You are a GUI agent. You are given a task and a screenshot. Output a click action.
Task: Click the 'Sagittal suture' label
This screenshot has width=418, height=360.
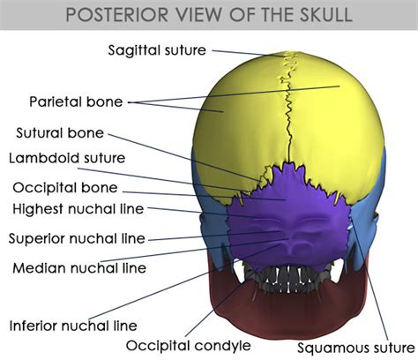pyautogui.click(x=157, y=50)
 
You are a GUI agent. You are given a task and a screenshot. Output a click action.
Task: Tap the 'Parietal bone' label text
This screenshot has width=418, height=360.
pyautogui.click(x=76, y=101)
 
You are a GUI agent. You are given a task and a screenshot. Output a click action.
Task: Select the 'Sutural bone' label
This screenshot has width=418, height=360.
pyautogui.click(x=60, y=133)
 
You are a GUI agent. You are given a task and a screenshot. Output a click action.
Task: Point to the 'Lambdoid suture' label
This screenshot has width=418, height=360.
pyautogui.click(x=67, y=158)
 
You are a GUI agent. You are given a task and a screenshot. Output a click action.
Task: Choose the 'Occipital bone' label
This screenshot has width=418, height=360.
pyautogui.click(x=65, y=188)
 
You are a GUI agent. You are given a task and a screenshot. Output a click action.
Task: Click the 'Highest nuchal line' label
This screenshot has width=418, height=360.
pyautogui.click(x=78, y=209)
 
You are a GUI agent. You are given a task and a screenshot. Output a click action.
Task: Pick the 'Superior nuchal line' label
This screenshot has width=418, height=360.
pyautogui.click(x=77, y=238)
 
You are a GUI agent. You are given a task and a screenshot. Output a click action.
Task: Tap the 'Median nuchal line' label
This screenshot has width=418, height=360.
pyautogui.click(x=79, y=268)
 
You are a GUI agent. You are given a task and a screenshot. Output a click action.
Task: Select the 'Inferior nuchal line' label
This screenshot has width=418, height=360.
pyautogui.click(x=73, y=326)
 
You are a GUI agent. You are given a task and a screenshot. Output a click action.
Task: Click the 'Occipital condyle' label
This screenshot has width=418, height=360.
pyautogui.click(x=189, y=346)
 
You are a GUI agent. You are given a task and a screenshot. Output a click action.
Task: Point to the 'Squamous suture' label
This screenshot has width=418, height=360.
pyautogui.click(x=355, y=348)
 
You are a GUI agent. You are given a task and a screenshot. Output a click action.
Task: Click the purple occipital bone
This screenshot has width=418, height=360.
pyautogui.click(x=288, y=218)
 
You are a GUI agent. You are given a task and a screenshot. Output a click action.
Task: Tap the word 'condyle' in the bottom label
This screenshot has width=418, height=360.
pyautogui.click(x=223, y=346)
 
